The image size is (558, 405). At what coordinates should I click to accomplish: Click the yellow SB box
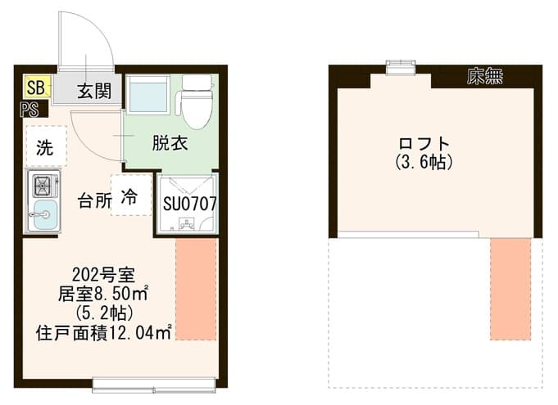click(x=38, y=87)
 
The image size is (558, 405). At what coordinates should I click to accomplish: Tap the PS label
click(x=29, y=110)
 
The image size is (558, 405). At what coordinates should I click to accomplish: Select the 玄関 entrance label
click(x=94, y=91)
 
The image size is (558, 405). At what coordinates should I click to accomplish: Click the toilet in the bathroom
click(x=197, y=101)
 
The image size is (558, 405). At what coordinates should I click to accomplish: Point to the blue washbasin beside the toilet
click(x=148, y=95)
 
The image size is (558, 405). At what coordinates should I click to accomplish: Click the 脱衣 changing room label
click(x=170, y=143)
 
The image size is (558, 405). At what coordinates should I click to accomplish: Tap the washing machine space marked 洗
click(x=47, y=146)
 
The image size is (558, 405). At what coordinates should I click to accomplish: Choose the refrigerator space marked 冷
click(x=131, y=195)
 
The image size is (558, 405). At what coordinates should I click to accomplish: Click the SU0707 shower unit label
click(x=189, y=204)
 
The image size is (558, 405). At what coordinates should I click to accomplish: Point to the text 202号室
click(x=103, y=274)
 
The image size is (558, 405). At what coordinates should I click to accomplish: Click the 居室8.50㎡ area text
click(x=103, y=294)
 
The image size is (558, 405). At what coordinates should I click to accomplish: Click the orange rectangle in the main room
click(x=196, y=289)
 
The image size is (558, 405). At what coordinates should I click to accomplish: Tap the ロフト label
click(x=424, y=143)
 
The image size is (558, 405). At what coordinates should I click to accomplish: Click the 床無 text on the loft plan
click(x=485, y=76)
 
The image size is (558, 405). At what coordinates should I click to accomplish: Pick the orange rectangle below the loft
click(x=510, y=289)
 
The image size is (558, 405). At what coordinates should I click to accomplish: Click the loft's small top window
click(x=401, y=67)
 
